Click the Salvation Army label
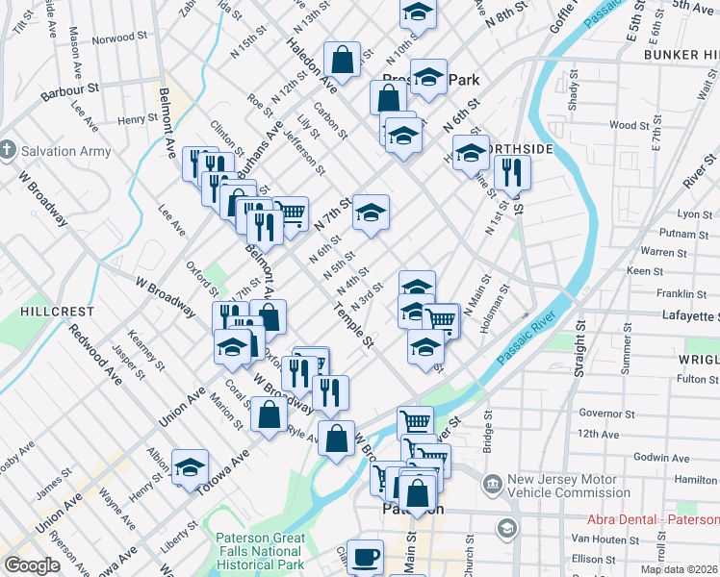[66, 151]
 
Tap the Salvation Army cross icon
[9, 151]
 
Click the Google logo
[32, 565]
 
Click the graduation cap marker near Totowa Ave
[191, 465]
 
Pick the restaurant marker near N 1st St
[512, 172]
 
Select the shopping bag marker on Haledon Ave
[342, 59]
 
